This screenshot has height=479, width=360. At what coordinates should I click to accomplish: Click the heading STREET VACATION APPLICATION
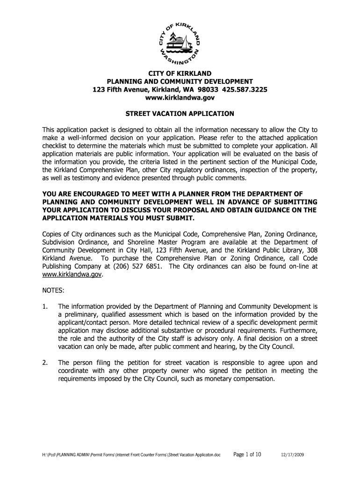click(180, 114)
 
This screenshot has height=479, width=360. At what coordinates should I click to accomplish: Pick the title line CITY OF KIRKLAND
click(180, 73)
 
